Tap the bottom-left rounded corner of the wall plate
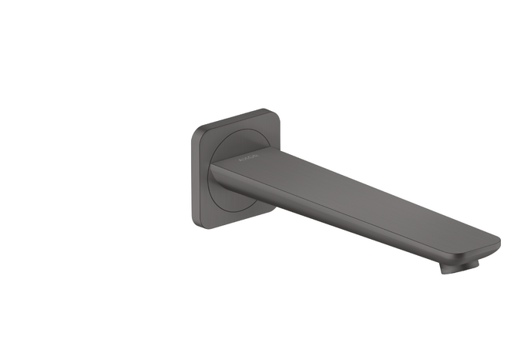[x=195, y=224]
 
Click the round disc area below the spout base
[x=231, y=207]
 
